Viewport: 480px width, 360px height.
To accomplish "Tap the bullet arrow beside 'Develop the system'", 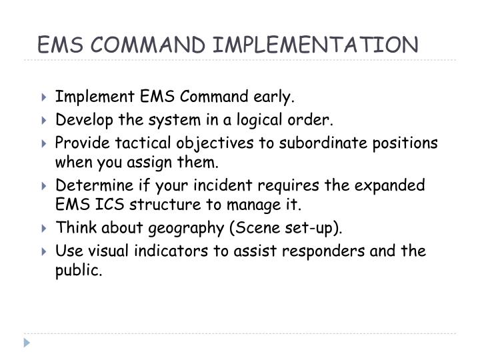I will (x=43, y=121).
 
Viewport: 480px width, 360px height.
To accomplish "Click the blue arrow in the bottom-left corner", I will (x=27, y=343).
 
